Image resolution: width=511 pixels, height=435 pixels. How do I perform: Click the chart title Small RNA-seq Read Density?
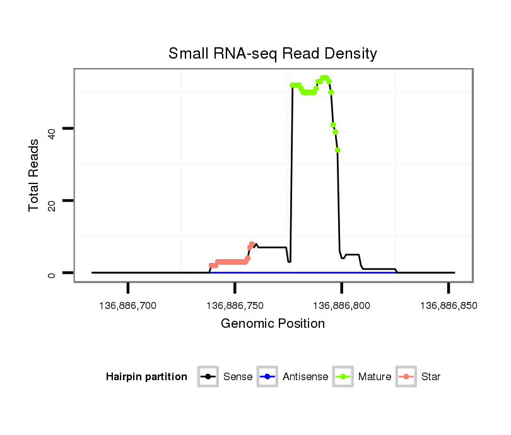(273, 54)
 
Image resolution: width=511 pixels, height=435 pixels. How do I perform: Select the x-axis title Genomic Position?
(273, 324)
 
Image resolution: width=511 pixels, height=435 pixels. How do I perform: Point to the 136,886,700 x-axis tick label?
(128, 306)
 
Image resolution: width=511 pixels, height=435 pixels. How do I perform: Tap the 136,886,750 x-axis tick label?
(235, 306)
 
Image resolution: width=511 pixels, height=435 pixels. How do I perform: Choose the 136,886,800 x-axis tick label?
(341, 306)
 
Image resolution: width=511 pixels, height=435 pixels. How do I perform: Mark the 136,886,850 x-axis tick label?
(448, 306)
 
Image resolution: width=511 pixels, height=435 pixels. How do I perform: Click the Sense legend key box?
(208, 377)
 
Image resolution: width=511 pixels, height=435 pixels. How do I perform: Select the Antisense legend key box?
(267, 377)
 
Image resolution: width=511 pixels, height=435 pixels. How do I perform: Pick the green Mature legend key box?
(343, 377)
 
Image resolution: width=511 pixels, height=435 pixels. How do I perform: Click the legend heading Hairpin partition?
(146, 377)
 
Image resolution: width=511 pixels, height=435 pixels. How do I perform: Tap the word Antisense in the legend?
(305, 377)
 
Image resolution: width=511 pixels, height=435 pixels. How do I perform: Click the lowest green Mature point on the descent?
(338, 150)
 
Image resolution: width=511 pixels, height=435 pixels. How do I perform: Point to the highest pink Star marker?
(252, 244)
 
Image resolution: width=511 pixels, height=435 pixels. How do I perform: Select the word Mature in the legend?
(375, 377)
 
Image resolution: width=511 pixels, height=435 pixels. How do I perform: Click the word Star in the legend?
(431, 377)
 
